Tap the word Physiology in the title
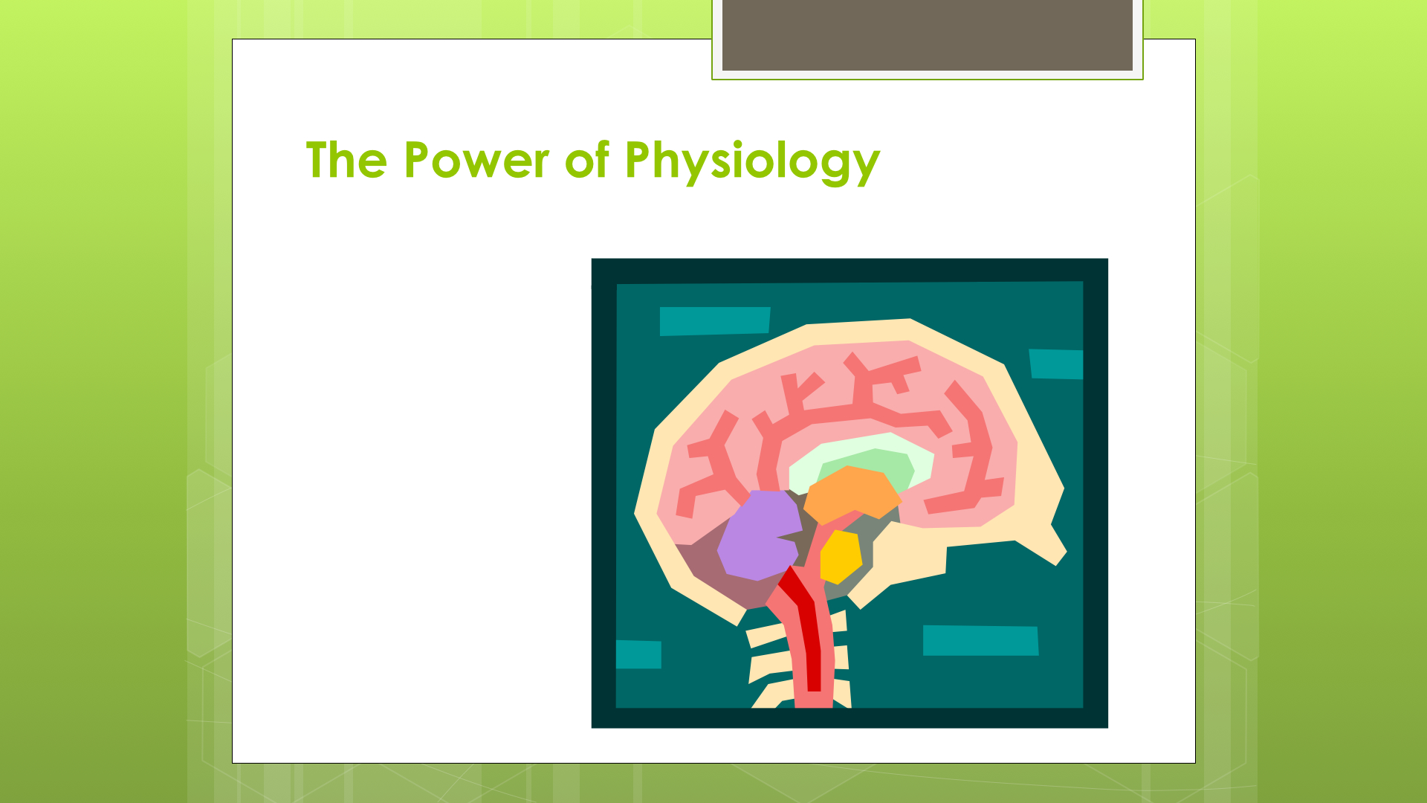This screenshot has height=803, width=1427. [752, 162]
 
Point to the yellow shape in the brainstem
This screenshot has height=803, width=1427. [841, 557]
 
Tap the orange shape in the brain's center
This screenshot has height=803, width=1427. [851, 494]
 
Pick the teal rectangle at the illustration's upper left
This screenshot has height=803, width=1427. [715, 321]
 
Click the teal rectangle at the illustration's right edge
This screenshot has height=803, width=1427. [1056, 364]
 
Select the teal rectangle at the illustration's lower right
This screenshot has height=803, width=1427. [980, 641]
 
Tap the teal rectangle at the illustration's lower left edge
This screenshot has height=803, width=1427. [638, 654]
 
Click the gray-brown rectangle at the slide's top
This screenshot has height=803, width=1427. [928, 35]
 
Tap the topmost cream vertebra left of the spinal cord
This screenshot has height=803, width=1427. [766, 636]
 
